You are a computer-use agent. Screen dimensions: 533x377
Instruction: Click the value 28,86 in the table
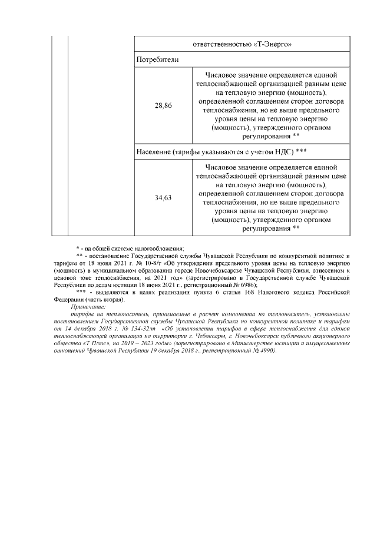(163, 106)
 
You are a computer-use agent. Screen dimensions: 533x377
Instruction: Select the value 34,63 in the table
(163, 198)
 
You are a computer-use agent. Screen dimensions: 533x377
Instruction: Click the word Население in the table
(154, 151)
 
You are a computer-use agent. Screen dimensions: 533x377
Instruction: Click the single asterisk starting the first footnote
(77, 247)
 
